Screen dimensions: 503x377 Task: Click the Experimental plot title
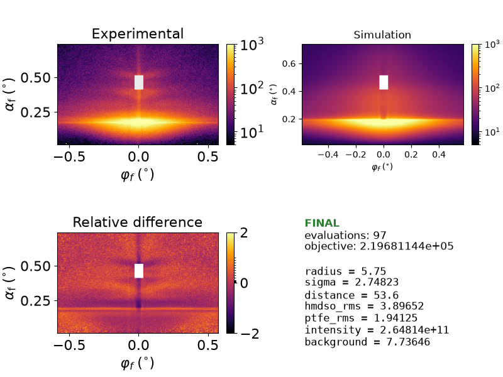point(138,34)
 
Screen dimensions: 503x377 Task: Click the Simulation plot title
point(382,35)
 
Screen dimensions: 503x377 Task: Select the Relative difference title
point(138,222)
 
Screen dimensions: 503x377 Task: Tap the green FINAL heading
point(322,223)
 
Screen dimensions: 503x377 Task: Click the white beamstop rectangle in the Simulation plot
point(384,82)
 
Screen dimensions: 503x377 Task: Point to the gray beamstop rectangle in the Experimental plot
point(139,82)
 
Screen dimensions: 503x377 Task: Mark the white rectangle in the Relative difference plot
point(139,271)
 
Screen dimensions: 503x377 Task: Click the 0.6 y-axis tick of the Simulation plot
point(289,64)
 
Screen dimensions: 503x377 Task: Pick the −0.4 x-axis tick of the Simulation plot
point(328,155)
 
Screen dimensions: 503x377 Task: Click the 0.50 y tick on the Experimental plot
point(36,77)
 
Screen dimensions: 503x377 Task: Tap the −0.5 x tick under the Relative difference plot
point(69,345)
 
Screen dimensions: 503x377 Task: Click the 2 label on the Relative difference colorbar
point(244,233)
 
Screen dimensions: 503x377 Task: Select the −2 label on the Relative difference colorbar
point(250,334)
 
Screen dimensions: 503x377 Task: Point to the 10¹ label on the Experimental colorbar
point(252,131)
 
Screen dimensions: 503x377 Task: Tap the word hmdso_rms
point(333,306)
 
